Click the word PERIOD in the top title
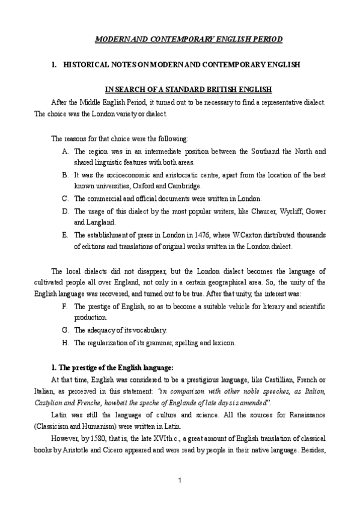point(246,39)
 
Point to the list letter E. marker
point(65,235)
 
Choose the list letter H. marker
point(65,343)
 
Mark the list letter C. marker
point(65,198)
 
